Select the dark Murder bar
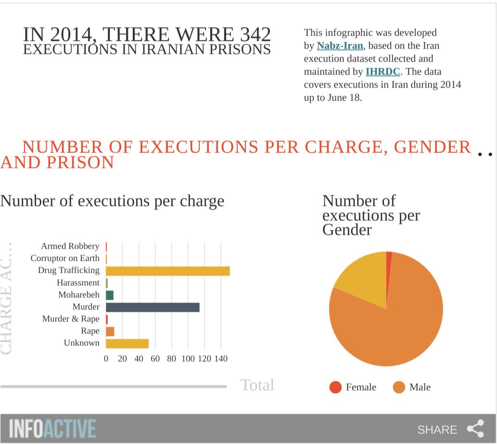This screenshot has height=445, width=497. coord(153,307)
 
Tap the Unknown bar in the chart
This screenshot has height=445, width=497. coord(127,343)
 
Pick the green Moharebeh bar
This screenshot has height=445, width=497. coord(110,295)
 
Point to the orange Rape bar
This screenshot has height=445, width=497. coord(110,331)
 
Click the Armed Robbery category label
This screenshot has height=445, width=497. coord(70,246)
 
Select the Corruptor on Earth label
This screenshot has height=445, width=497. coord(65,258)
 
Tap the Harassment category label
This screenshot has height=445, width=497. coord(78,283)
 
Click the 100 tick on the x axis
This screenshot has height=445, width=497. coord(188,359)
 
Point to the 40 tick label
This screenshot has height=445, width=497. coord(139,359)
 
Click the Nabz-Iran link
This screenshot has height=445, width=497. coord(340,46)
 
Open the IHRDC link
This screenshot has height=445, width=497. coord(382,72)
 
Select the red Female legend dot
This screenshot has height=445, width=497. coord(335,387)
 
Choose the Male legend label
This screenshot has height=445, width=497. coord(420,387)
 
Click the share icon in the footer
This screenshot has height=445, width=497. coord(475,429)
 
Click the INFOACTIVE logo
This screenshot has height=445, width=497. coord(52,429)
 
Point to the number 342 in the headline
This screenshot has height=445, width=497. coord(253,35)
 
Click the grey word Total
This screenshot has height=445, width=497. coord(257,385)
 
